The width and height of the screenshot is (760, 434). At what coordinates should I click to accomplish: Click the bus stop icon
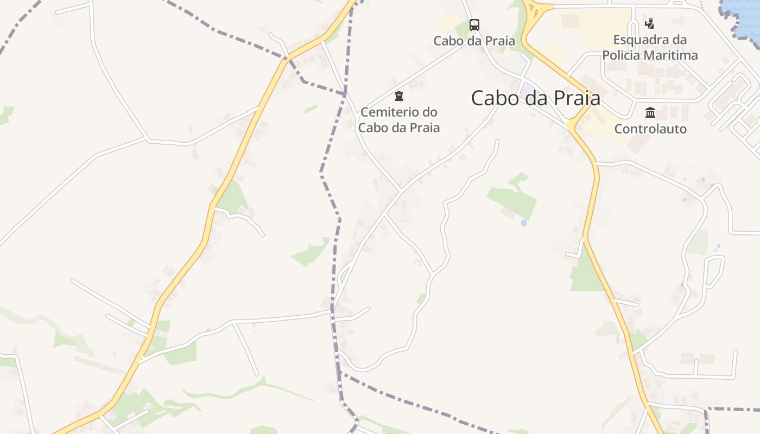[474, 24]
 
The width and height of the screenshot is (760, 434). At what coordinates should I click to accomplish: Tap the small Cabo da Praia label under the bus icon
[474, 41]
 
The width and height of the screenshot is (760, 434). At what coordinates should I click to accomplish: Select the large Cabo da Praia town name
[535, 98]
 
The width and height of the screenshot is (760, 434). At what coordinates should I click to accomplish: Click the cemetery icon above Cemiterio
[399, 97]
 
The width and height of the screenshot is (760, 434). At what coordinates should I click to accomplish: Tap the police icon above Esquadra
[649, 24]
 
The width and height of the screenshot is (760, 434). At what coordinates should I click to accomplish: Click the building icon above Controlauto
[650, 113]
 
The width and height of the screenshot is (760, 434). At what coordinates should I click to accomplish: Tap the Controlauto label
[650, 129]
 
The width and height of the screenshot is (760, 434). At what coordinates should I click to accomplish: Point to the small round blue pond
[523, 222]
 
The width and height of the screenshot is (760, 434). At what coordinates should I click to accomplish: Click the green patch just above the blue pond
[513, 198]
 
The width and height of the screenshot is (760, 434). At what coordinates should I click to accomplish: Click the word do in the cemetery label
[430, 112]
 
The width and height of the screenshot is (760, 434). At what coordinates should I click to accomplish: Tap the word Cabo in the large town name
[492, 98]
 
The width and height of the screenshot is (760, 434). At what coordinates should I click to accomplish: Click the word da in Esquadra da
[679, 40]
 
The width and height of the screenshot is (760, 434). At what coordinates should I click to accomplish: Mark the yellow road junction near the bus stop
[534, 10]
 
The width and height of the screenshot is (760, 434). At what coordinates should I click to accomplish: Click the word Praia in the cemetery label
[424, 128]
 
